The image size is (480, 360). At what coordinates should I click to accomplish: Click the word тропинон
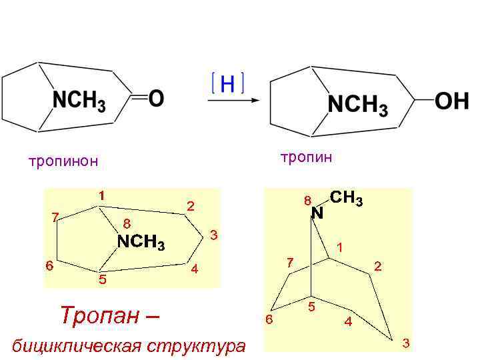coord(63,161)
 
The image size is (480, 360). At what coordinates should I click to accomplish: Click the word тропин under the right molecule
coord(306,157)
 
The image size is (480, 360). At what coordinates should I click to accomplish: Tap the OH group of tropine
coord(451,102)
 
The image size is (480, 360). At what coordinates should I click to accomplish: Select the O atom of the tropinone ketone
coord(155,99)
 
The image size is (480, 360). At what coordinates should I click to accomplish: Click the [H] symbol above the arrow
coord(227,83)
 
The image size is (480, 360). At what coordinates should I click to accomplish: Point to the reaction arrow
coord(232,101)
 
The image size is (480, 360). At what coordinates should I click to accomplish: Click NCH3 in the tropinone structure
coord(79,101)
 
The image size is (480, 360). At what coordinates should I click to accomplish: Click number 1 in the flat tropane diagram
coord(101,195)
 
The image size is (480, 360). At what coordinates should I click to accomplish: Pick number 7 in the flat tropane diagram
coord(55,216)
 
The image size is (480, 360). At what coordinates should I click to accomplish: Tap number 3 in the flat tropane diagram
coord(213,235)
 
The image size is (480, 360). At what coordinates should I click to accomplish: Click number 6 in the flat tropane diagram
coord(49,265)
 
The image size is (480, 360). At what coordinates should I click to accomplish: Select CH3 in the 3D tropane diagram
coord(346,198)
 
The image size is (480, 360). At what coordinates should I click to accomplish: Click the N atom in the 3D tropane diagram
coord(317,213)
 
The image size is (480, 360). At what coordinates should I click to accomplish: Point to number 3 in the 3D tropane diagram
coord(405,343)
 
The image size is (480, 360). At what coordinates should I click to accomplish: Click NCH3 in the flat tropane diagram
coord(141,242)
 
